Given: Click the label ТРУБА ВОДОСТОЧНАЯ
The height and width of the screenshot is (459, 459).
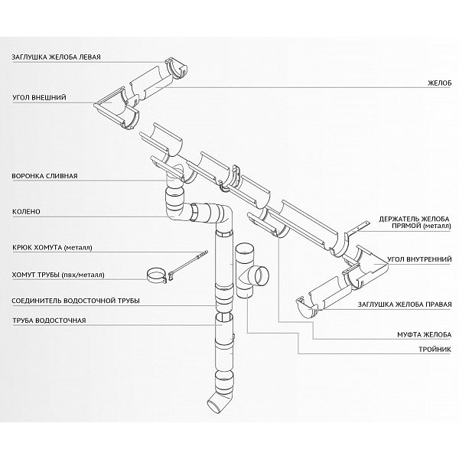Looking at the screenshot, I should coord(49,320).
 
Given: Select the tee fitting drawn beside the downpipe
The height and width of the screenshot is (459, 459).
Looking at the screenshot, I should coord(252,272).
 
